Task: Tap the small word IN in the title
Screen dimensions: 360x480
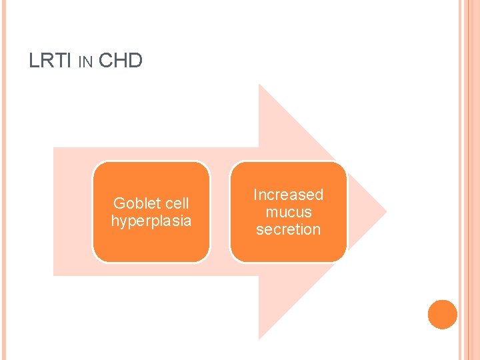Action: click(x=85, y=63)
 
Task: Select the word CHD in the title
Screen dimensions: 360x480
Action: click(x=120, y=61)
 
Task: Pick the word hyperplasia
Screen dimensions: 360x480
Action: click(x=151, y=221)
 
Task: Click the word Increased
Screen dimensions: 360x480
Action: click(x=288, y=195)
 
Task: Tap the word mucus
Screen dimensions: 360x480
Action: click(x=288, y=212)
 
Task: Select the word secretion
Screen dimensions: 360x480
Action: click(x=288, y=229)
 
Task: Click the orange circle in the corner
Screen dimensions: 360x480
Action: click(x=443, y=315)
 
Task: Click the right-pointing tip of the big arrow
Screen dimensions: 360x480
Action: click(x=384, y=212)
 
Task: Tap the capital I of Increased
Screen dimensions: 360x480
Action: click(x=255, y=195)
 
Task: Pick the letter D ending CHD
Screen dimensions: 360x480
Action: click(x=135, y=61)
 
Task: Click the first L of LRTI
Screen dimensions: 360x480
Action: click(x=33, y=61)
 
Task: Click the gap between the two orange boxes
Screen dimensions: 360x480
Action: click(x=220, y=212)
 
